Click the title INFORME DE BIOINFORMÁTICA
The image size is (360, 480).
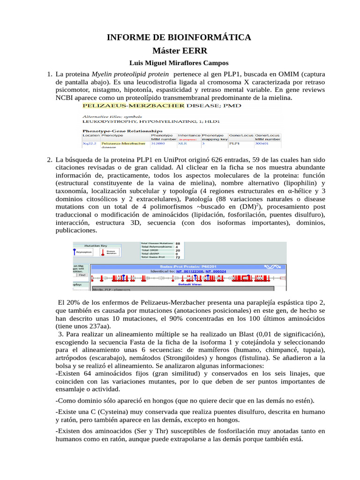pyautogui.click(x=180, y=37)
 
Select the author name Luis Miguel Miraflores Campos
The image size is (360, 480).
pyautogui.click(x=180, y=63)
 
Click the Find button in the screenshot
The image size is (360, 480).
pyautogui.click(x=81, y=275)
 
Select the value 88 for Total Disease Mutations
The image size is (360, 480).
pyautogui.click(x=178, y=243)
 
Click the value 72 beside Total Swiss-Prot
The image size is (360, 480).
pyautogui.click(x=178, y=257)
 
